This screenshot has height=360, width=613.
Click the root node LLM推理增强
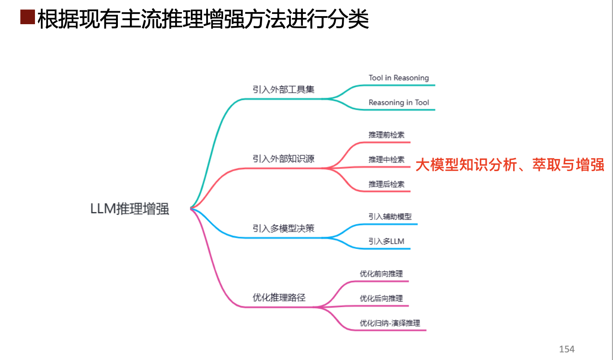(x=130, y=209)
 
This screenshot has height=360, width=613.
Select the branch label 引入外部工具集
(x=283, y=89)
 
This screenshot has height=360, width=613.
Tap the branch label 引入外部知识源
(x=283, y=159)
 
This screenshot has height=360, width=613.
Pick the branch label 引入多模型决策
(x=283, y=228)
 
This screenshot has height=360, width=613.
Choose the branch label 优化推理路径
(x=279, y=297)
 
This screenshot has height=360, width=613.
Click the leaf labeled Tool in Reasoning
(x=398, y=78)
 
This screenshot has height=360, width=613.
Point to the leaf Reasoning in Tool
(x=398, y=103)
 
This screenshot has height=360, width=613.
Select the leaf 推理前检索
(x=386, y=135)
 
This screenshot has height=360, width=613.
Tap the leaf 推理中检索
(x=386, y=159)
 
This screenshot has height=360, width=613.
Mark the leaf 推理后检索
(x=386, y=184)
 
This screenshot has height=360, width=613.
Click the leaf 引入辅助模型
(x=390, y=217)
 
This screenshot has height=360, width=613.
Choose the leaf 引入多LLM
(x=386, y=241)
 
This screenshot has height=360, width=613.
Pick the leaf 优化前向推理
(x=381, y=274)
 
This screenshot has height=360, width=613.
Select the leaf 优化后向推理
(x=381, y=298)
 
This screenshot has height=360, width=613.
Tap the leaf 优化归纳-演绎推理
(x=390, y=323)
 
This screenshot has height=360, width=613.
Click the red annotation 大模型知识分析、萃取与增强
(x=509, y=165)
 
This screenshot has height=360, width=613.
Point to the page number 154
(x=566, y=349)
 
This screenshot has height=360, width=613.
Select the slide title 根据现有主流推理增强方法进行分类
(x=203, y=19)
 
